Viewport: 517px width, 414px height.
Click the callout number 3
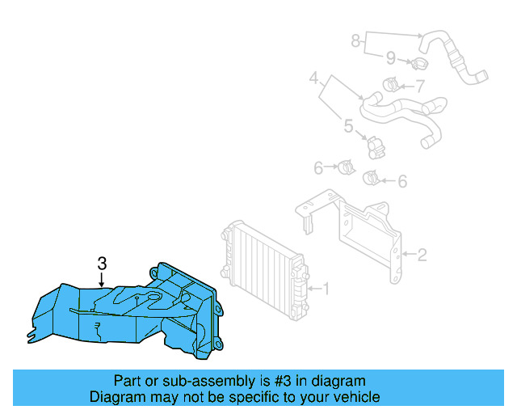point(102,263)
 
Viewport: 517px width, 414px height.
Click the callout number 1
point(326,287)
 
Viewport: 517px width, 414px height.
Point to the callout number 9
point(390,57)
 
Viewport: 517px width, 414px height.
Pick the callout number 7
point(420,86)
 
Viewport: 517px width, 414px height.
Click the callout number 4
point(314,79)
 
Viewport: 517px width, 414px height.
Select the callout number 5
point(349,127)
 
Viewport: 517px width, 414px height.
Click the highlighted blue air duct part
point(129,311)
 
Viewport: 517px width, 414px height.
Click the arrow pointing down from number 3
point(102,279)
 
